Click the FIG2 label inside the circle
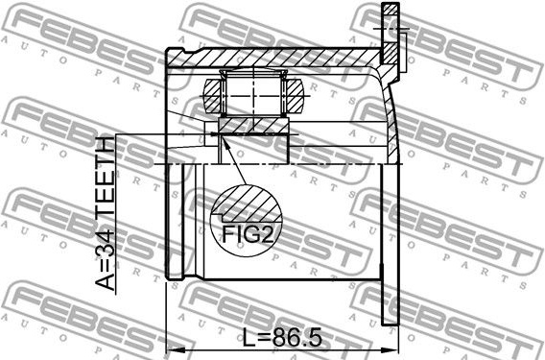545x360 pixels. pos(247,234)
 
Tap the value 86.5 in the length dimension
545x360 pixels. pos(296,338)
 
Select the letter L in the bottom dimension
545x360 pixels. pos(249,338)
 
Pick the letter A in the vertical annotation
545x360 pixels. pos(105,278)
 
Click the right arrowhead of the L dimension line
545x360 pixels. pos(390,349)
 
